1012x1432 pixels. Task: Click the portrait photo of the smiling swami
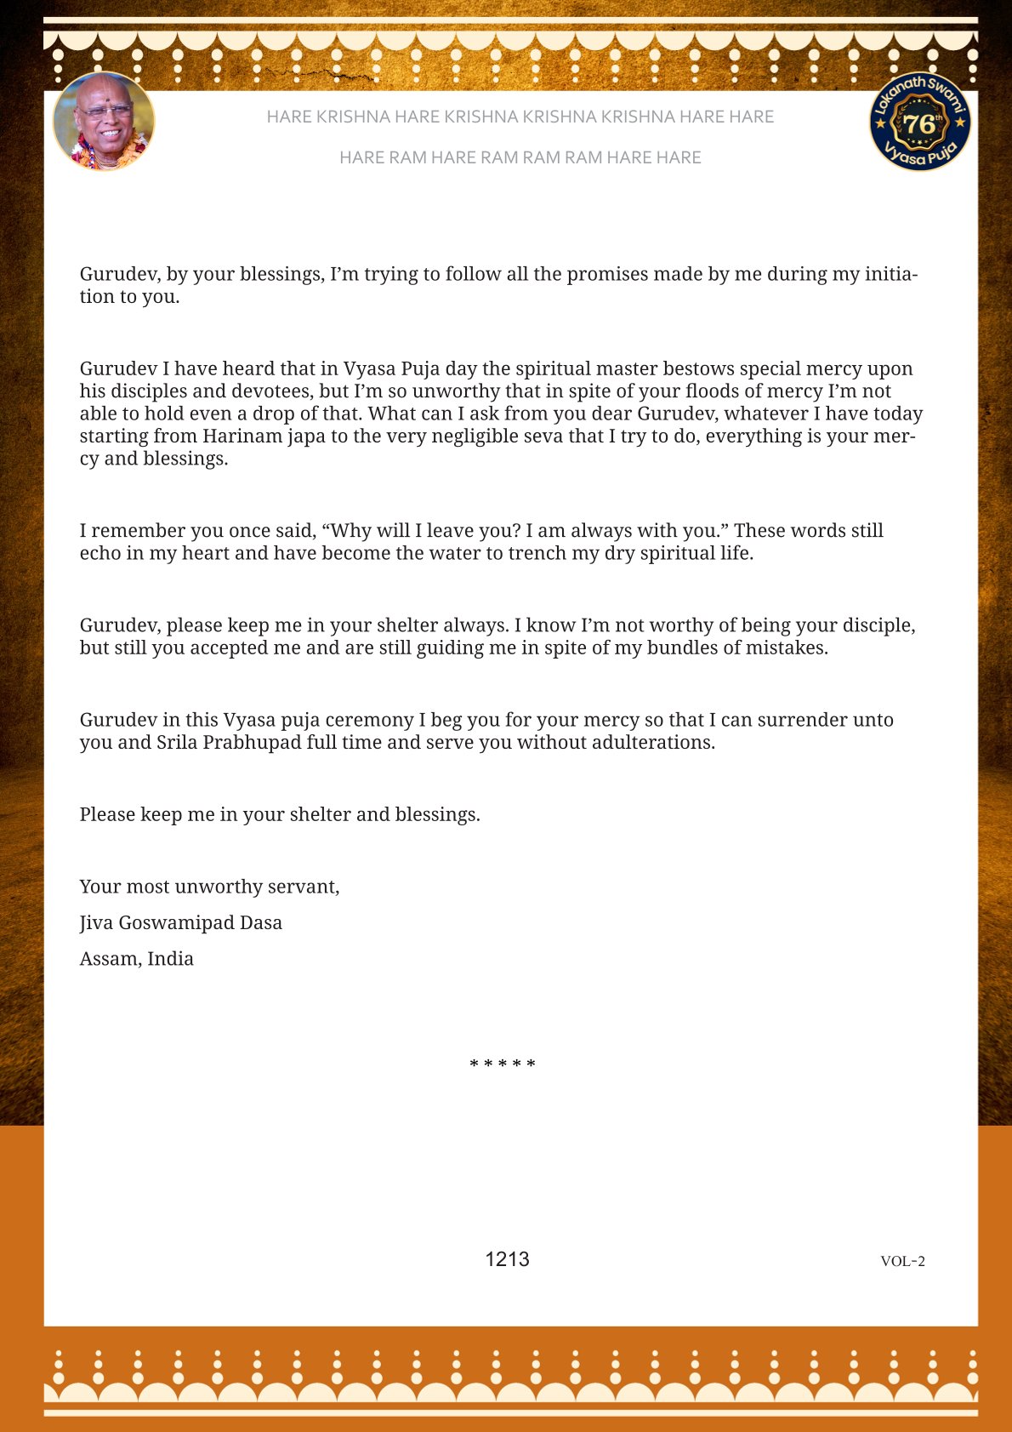coord(104,122)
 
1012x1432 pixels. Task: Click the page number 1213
coord(507,1259)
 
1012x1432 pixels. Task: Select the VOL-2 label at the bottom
coord(902,1261)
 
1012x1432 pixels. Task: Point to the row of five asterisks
coord(503,1064)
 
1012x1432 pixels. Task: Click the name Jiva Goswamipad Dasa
coord(180,923)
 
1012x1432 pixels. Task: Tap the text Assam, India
coord(136,959)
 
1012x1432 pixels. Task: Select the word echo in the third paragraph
coord(101,553)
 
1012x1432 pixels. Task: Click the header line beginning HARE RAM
coord(520,157)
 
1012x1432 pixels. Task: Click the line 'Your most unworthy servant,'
coord(209,887)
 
